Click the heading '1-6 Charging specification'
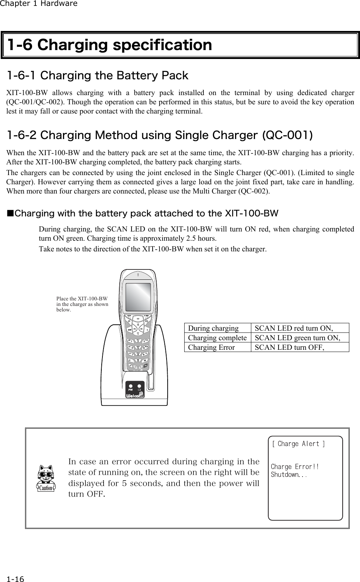(x=110, y=45)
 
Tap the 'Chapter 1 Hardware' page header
(x=39, y=4)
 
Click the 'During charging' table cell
(x=213, y=328)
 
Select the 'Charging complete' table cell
(x=217, y=338)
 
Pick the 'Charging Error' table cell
(x=211, y=347)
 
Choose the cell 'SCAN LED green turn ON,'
(x=297, y=338)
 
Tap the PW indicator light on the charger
(x=130, y=386)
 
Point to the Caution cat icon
(x=46, y=478)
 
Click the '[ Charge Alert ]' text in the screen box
(x=298, y=444)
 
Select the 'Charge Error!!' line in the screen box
(x=295, y=467)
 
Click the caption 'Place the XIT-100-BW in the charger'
(x=82, y=304)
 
